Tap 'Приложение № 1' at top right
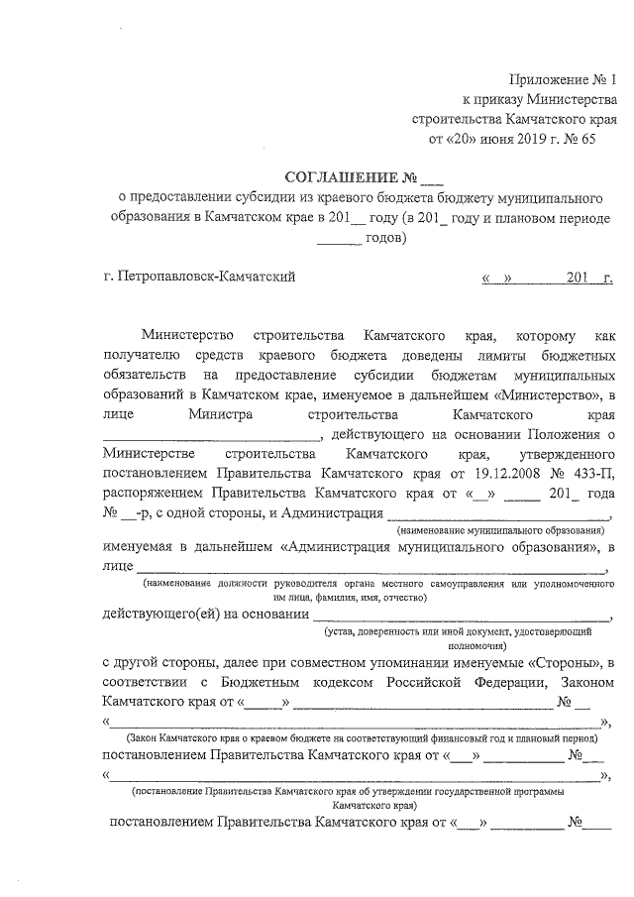(x=561, y=78)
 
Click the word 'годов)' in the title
(x=384, y=238)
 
